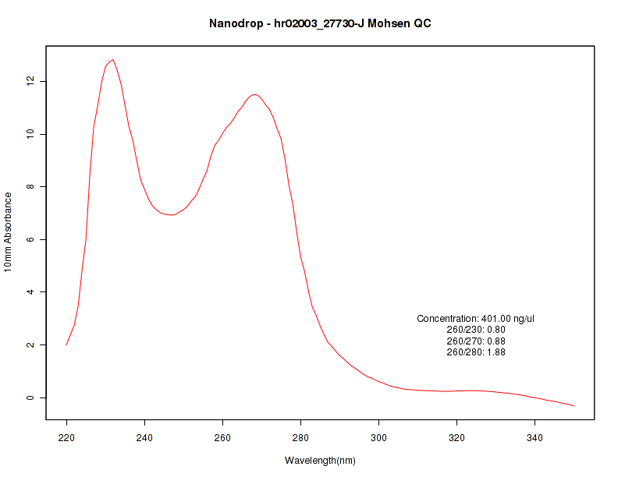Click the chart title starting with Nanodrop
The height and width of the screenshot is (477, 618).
coord(320,23)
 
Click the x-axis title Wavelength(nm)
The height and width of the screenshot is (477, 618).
coord(320,461)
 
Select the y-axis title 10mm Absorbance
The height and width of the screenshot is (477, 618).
coord(8,231)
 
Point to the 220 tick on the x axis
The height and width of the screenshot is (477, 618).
coord(67,438)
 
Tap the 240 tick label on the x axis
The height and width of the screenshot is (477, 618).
coord(145,438)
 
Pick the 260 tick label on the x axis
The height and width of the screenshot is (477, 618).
coord(223,438)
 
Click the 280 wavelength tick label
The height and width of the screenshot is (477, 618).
coord(301,438)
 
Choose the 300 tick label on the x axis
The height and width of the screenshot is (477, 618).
coord(379,438)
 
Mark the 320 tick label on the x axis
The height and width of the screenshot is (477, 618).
coord(457,438)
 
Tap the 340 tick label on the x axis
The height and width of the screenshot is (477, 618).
coord(535,438)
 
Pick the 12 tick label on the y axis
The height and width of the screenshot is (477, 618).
coord(29,81)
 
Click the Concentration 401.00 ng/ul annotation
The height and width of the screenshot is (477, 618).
coord(476,319)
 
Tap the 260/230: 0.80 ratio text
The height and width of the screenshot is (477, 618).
coord(476,330)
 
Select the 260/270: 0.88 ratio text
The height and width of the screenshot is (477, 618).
coord(476,341)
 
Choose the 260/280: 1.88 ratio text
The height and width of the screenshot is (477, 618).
coord(476,352)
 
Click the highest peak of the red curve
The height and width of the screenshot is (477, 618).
coord(113,60)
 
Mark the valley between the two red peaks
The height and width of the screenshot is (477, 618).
coord(172,215)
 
